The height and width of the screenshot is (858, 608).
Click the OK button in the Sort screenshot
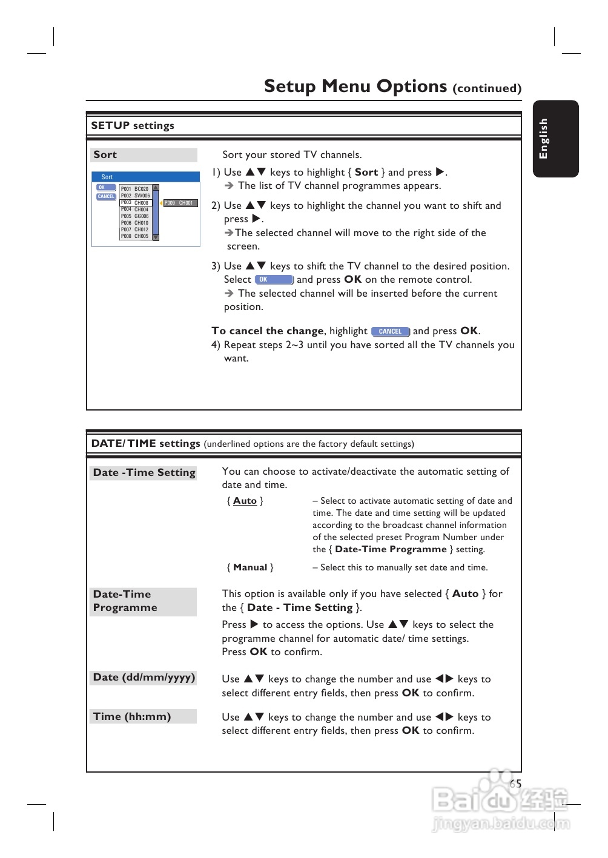pos(106,188)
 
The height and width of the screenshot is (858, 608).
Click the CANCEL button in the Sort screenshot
pos(106,196)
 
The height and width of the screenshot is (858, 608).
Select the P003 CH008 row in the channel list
pos(135,203)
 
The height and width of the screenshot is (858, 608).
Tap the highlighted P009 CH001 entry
pos(180,203)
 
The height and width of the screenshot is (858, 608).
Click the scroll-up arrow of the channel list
pos(156,188)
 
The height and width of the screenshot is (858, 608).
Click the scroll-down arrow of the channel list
pos(156,237)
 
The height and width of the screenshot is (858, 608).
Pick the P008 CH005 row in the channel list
pos(135,236)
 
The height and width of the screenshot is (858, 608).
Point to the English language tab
pos(555,139)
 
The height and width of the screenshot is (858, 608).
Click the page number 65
pos(515,784)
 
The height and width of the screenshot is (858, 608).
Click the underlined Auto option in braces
pos(245,501)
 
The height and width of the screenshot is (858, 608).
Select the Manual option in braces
pos(250,567)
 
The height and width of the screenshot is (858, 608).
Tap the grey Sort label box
pos(144,155)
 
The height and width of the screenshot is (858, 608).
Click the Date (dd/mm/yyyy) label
pos(144,678)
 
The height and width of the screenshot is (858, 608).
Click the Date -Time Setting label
pos(144,472)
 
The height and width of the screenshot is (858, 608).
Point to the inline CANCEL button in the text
pos(391,331)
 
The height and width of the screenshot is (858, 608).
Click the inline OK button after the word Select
pos(274,280)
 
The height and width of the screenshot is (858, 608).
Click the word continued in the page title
pos(487,88)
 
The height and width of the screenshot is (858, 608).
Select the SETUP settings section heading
pos(133,125)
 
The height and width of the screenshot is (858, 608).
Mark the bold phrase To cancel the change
pos(267,331)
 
